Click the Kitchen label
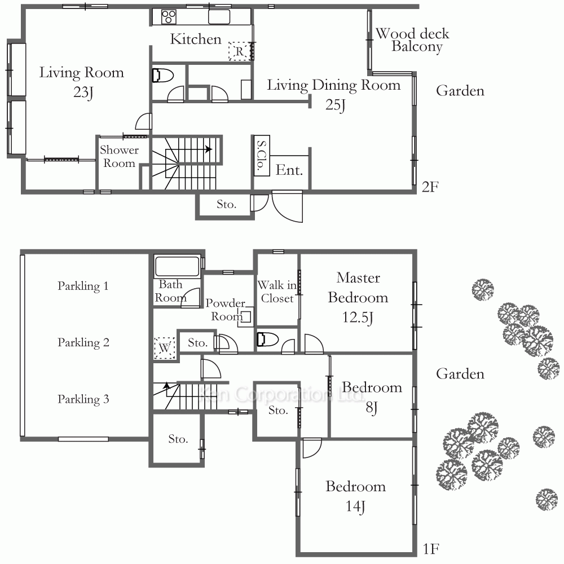click(x=195, y=39)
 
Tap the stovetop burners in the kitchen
click(x=168, y=17)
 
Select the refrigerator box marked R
click(x=240, y=51)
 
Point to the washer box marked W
click(x=164, y=348)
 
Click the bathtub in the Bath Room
click(x=177, y=266)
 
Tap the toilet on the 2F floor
click(x=162, y=76)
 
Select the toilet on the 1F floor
click(x=267, y=339)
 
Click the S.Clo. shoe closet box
click(x=262, y=156)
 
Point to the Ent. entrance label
click(x=289, y=170)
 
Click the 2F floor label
click(x=430, y=187)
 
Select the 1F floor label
click(x=430, y=549)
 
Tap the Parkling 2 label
click(x=83, y=342)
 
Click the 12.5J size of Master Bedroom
click(x=358, y=317)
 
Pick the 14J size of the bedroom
click(x=355, y=506)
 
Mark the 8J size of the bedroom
click(x=372, y=408)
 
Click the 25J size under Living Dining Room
click(x=335, y=105)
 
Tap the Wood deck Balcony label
click(x=413, y=40)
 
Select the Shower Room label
click(x=119, y=156)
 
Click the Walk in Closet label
click(x=277, y=292)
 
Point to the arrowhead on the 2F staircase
click(x=209, y=149)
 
